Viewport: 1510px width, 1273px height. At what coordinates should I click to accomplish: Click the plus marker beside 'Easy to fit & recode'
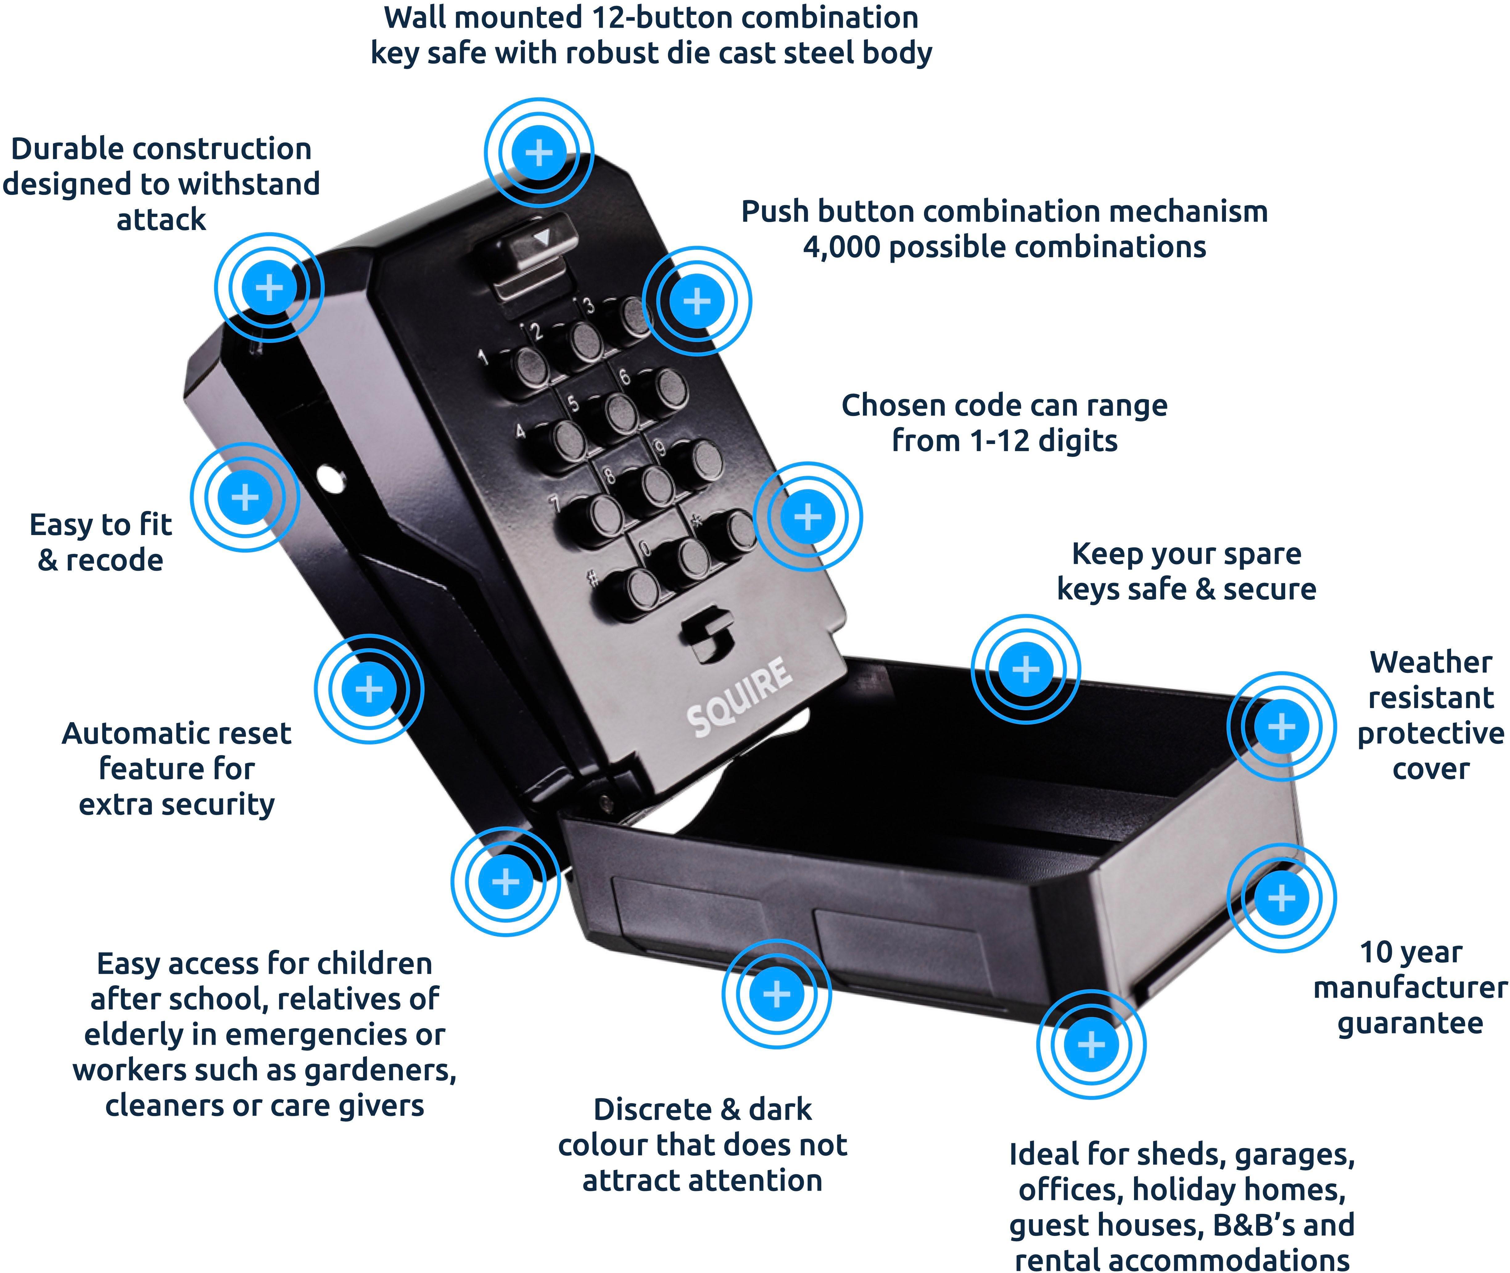coord(245,497)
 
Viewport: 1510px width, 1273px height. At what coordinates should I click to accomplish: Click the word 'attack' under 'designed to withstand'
coord(161,219)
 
